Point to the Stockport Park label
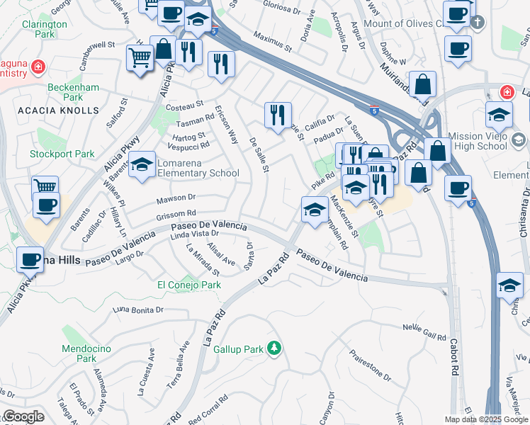tap(62, 154)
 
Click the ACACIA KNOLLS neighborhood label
tap(58, 111)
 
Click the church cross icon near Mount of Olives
tap(478, 21)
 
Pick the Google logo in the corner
tap(23, 416)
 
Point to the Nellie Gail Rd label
tap(424, 332)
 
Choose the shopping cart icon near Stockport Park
tap(45, 186)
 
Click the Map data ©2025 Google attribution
tap(486, 419)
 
